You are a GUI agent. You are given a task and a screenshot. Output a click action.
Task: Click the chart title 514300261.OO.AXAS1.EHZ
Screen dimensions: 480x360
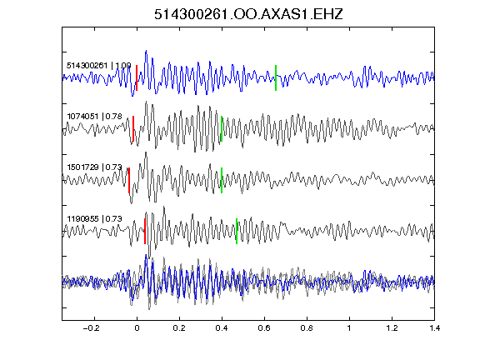tap(248, 14)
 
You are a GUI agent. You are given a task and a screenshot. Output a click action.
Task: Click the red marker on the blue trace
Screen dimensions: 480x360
tap(137, 77)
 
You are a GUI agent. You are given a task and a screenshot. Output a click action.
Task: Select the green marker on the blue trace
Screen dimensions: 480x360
tap(276, 77)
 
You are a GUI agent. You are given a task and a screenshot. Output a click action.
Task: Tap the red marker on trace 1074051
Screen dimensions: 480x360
tap(133, 129)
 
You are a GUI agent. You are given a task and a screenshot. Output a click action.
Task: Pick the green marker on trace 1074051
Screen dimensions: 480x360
tap(222, 129)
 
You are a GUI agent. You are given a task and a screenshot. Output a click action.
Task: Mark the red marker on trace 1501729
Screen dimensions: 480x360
tap(129, 180)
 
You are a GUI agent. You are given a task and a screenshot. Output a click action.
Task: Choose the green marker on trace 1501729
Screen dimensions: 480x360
tap(222, 180)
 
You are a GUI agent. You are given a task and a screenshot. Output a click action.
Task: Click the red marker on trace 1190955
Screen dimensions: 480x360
tap(145, 231)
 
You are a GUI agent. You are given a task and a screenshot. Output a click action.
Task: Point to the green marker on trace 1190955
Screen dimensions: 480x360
tap(237, 231)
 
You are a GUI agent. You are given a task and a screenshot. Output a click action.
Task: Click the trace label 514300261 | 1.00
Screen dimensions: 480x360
tap(99, 66)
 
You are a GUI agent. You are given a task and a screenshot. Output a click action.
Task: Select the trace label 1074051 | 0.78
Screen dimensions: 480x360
tap(95, 117)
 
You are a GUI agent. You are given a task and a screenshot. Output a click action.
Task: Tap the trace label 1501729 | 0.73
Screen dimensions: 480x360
tap(95, 167)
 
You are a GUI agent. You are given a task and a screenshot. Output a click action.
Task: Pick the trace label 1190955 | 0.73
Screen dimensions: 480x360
tap(95, 218)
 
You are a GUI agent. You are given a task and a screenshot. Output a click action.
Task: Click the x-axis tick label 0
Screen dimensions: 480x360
tap(137, 328)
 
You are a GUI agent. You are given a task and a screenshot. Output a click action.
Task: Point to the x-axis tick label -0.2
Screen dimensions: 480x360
tap(92, 328)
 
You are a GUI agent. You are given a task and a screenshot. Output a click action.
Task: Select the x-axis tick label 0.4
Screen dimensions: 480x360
tap(222, 328)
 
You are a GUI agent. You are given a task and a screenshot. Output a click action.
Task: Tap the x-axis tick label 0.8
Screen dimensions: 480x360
tap(307, 328)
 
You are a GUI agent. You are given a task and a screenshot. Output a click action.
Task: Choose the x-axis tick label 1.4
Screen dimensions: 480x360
tap(434, 328)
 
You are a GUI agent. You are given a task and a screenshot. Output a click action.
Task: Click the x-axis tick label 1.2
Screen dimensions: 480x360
tap(392, 328)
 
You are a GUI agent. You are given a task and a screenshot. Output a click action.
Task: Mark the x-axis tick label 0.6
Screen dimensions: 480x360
tap(264, 328)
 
